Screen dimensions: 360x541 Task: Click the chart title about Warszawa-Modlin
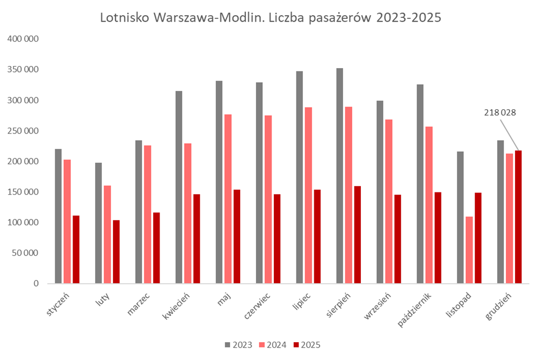(270, 17)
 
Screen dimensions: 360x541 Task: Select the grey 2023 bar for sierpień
(340, 176)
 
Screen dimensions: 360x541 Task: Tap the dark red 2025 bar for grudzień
(518, 217)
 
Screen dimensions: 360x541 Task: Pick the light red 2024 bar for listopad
(469, 250)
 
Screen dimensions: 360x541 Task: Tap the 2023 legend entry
(235, 344)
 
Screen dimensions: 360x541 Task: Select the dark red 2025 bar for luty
(116, 251)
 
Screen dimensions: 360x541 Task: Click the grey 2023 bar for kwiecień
(179, 187)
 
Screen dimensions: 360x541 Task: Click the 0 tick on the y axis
(36, 283)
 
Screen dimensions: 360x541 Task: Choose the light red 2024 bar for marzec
(148, 214)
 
